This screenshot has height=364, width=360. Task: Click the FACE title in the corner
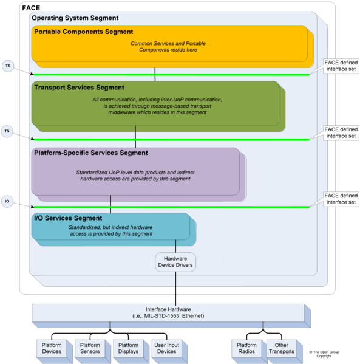[31, 8]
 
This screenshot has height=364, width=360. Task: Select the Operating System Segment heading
[75, 18]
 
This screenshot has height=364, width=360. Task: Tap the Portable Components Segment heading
[84, 32]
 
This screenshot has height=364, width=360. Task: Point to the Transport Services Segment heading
[79, 88]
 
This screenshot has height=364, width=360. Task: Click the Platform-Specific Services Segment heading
[91, 153]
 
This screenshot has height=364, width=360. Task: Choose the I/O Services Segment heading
[68, 218]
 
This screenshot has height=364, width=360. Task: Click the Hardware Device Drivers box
[175, 262]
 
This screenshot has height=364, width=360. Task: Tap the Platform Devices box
[52, 348]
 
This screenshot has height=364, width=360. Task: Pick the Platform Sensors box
[90, 348]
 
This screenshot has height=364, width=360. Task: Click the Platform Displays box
[128, 348]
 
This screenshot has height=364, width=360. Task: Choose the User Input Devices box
[167, 348]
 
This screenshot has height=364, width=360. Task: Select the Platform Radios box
[246, 348]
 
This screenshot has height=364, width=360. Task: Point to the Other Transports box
[282, 348]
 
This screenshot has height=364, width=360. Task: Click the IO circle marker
[7, 201]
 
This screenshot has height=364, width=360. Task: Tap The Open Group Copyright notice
[324, 354]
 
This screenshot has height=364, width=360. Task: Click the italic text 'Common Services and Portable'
[168, 43]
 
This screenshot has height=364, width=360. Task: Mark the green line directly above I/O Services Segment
[172, 207]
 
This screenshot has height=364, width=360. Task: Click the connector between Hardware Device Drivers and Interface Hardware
[175, 288]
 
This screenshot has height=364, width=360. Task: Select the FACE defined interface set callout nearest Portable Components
[341, 66]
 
